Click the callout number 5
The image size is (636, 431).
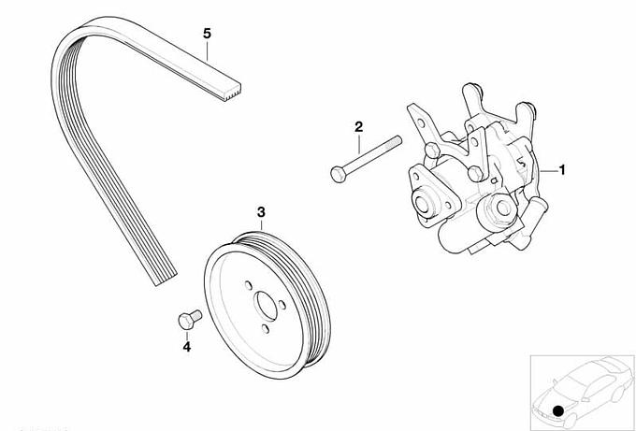tap(208, 34)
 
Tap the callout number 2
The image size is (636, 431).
tap(358, 127)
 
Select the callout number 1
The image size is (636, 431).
tap(562, 170)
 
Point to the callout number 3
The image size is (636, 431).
tap(261, 211)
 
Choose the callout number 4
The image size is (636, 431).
tap(186, 347)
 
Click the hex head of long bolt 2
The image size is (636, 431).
tap(338, 174)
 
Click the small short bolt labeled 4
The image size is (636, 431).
tap(190, 320)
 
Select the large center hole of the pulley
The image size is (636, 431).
tap(266, 306)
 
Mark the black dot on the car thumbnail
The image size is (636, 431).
tap(558, 411)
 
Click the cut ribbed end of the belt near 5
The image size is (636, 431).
tap(232, 92)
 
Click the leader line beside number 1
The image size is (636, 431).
tap(549, 171)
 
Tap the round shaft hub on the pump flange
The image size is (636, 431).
tap(423, 203)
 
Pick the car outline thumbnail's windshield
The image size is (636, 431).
tap(576, 381)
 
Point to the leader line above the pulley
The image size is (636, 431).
tap(261, 225)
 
